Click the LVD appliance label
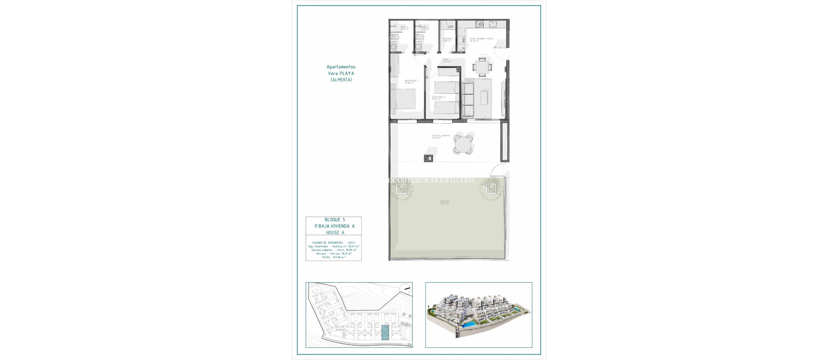click(450, 27)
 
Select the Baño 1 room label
click(425, 28)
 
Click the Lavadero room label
click(447, 39)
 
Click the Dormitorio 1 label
click(411, 81)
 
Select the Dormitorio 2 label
click(438, 97)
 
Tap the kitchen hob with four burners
click(479, 24)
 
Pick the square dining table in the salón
click(482, 67)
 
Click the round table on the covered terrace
click(463, 144)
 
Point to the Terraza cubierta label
click(441, 136)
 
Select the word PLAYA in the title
click(347, 74)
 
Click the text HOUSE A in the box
click(335, 232)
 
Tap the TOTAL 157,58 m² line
click(333, 257)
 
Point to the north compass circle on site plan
click(405, 289)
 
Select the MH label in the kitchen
click(464, 40)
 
